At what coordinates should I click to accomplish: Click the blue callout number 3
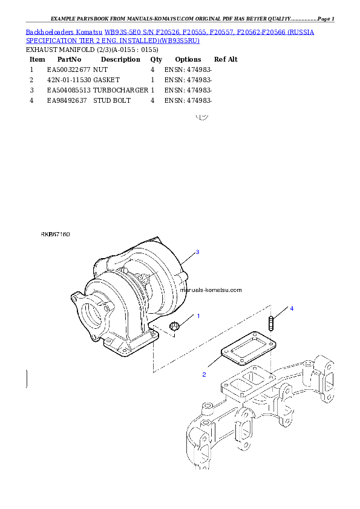click(x=197, y=251)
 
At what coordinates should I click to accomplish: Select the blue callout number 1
click(x=198, y=316)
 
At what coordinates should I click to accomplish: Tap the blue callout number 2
click(x=204, y=375)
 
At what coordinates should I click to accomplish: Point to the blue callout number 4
click(x=292, y=309)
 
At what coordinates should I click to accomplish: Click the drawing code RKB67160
click(x=56, y=234)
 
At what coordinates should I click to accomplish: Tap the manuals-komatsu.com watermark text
click(x=211, y=290)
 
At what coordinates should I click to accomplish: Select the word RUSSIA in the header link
click(x=301, y=31)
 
